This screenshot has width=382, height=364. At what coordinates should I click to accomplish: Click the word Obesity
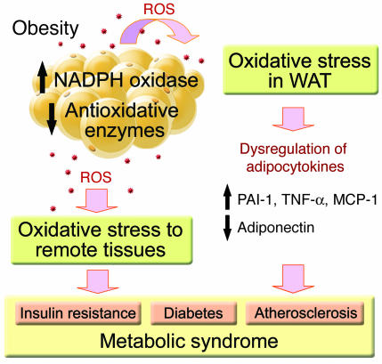point(45,29)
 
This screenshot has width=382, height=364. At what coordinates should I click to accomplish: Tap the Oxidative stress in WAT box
point(300,70)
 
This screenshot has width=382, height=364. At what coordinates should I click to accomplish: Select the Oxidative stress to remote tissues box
point(102,240)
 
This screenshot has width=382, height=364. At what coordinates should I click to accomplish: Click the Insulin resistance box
point(78,313)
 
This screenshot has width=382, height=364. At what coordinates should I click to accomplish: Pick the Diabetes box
point(193,313)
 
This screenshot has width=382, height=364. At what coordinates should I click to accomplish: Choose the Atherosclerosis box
point(305,313)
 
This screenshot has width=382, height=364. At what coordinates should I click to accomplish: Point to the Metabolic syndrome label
point(189,341)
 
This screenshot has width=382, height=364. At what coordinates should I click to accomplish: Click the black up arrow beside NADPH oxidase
point(43,77)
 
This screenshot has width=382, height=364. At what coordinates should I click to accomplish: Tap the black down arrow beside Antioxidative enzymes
point(52,119)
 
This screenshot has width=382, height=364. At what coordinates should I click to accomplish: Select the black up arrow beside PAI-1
point(227,197)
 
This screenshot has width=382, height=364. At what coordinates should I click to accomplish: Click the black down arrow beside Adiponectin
point(227,228)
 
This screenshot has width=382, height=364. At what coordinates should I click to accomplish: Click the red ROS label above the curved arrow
point(158,9)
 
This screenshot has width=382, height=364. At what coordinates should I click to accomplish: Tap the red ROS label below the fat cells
point(96,177)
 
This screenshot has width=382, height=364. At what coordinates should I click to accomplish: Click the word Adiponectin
point(276,228)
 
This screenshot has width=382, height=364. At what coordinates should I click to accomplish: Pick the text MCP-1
point(355,199)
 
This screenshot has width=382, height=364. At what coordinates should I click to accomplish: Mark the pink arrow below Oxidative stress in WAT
point(293,119)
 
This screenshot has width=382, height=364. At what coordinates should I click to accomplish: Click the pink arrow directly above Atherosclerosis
point(293,279)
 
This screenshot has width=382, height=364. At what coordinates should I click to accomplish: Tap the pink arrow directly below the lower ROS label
point(97,200)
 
